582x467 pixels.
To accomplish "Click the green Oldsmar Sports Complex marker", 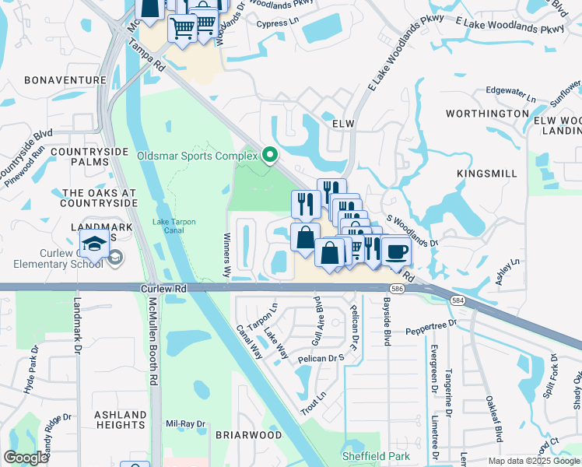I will [270, 156].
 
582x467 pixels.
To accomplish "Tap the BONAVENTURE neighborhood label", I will [65, 80].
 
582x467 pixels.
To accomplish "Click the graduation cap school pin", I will [94, 244].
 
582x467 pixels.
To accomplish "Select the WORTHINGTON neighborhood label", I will [487, 114].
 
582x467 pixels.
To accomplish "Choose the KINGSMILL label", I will [487, 172].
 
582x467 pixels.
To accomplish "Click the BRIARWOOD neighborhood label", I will [248, 435].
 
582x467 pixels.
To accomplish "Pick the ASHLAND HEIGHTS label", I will [121, 420].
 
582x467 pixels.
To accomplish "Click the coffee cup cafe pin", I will [397, 252].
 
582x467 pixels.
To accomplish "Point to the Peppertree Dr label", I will [435, 332].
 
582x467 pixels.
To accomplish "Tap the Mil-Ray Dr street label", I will [185, 424].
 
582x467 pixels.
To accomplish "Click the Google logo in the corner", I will [26, 458].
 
